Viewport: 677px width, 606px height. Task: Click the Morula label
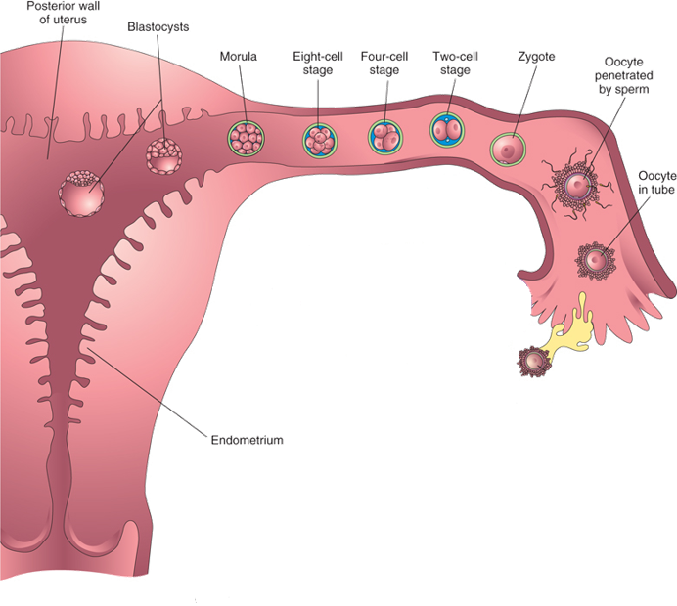tap(240, 56)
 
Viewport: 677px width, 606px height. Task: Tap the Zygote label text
tap(536, 56)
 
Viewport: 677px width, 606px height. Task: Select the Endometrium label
tap(247, 440)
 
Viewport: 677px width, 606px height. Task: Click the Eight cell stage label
tap(317, 63)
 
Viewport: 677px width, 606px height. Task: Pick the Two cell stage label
tap(454, 63)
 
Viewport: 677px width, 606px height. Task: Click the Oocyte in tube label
tap(656, 182)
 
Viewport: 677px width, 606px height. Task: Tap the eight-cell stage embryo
tap(318, 140)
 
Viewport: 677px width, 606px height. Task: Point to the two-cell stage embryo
tap(448, 130)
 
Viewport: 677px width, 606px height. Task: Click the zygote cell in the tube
tap(508, 149)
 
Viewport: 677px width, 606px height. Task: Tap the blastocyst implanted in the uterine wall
tap(83, 194)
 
